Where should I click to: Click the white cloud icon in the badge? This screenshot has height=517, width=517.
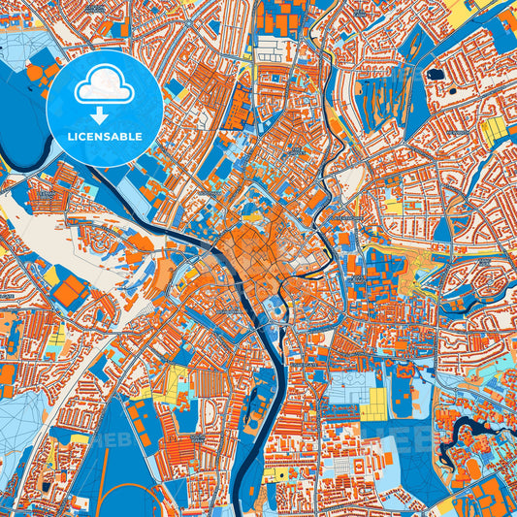(104, 87)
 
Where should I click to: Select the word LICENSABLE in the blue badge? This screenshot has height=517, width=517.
(104, 137)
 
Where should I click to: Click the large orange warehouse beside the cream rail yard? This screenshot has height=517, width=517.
(71, 290)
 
